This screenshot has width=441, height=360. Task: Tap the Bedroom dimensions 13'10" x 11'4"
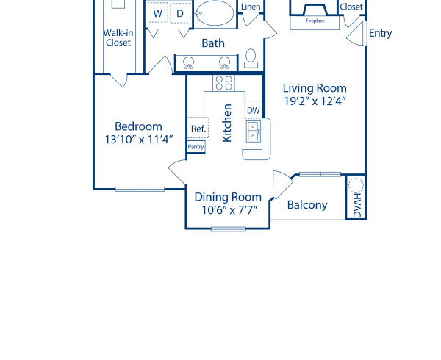point(133,139)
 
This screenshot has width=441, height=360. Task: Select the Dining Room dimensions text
point(228,209)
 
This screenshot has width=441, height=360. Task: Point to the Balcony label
point(307,205)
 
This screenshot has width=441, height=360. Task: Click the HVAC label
point(356,204)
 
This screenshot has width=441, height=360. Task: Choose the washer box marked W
point(157,13)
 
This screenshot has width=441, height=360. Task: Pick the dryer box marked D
point(179,13)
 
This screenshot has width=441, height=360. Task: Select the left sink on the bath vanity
point(189,62)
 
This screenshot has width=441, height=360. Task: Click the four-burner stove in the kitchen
point(223,82)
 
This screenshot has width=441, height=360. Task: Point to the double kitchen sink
point(253,131)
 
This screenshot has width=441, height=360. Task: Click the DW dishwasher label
point(253,111)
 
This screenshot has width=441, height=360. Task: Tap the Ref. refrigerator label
point(198,129)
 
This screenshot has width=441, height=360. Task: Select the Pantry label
point(196,147)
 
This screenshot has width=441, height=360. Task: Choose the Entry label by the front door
point(380,33)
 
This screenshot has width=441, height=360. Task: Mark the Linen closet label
point(251,7)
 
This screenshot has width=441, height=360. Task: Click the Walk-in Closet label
point(118,37)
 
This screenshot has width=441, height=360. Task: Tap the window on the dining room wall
point(228,229)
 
